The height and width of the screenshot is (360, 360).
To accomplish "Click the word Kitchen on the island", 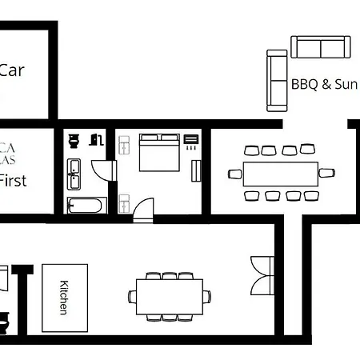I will (64, 297).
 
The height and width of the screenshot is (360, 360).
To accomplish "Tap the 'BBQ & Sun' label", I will (322, 83).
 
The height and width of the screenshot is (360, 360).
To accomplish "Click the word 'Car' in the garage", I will (11, 70).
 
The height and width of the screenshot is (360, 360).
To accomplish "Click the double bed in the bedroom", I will (159, 152).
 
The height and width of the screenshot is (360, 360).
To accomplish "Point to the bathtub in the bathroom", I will (85, 206).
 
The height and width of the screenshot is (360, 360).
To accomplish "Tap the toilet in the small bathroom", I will (74, 141).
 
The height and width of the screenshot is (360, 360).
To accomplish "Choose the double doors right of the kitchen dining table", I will (262, 275).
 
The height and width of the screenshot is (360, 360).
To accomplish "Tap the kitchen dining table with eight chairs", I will (169, 295).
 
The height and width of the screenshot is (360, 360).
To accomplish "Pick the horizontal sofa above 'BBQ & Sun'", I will (320, 47).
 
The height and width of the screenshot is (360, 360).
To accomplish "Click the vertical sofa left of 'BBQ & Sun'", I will (277, 80).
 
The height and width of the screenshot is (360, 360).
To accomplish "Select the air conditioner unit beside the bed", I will (191, 142).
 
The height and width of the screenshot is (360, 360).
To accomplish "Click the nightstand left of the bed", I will (125, 145).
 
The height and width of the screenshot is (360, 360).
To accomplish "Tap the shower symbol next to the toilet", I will (94, 140).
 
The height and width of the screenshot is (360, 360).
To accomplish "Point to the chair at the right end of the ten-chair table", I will (326, 173).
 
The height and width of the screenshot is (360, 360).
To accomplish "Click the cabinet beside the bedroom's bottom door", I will (124, 202).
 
